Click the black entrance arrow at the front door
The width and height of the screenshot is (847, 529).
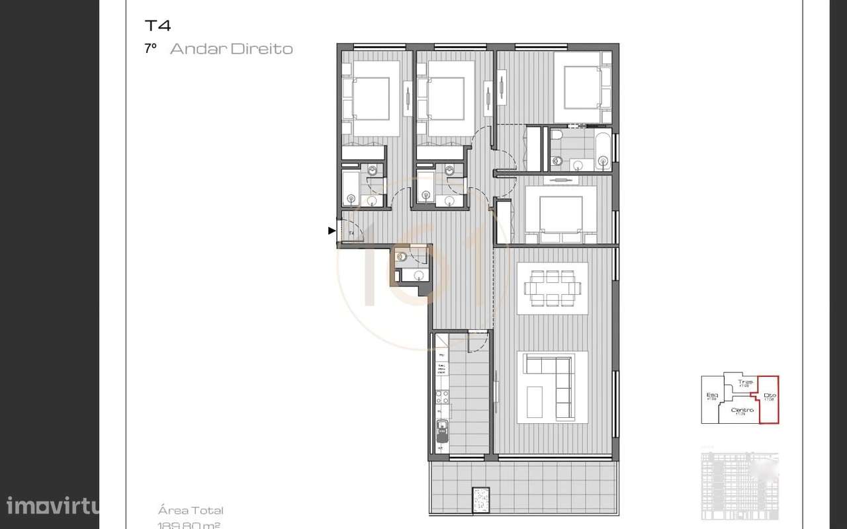[332, 231]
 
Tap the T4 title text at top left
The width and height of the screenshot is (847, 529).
[157, 26]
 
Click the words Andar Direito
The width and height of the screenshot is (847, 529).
[231, 49]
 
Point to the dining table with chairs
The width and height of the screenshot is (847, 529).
[553, 289]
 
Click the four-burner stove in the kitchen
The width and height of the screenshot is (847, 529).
[441, 397]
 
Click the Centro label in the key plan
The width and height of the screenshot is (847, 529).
[742, 411]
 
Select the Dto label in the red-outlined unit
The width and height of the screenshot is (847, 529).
[769, 397]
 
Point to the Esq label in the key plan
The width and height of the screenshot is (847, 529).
[712, 396]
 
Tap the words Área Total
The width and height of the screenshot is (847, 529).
[191, 510]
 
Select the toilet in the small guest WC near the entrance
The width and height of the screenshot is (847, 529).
[402, 258]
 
